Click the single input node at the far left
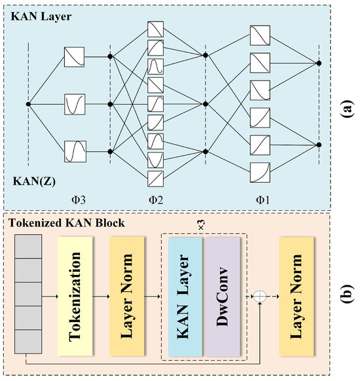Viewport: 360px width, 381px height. point(28,104)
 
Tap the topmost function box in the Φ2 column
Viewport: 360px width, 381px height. point(156,29)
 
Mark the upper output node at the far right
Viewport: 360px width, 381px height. point(319,63)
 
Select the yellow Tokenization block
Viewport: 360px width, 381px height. point(77,296)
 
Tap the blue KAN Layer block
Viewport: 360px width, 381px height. point(186,297)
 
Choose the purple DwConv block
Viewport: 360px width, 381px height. point(223,297)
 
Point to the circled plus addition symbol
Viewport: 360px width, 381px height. point(260,297)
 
